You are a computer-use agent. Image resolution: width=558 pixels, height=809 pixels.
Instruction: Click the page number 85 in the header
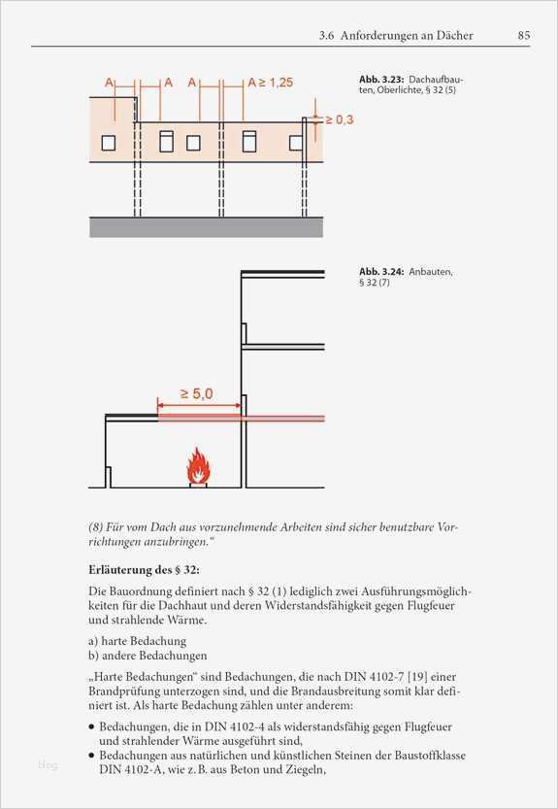pos(523,36)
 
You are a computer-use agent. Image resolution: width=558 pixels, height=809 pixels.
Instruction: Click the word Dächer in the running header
pos(452,36)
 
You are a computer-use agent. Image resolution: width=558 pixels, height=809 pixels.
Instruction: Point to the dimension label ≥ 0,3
pos(339,119)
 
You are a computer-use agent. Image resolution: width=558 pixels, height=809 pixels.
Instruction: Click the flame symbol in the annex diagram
pos(198,466)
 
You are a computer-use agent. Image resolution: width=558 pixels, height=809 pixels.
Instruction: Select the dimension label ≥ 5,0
pos(197,394)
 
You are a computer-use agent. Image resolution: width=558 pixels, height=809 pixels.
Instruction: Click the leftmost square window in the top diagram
pos(108,143)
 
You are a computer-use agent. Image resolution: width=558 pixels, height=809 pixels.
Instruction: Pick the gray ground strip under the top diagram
pos(206,226)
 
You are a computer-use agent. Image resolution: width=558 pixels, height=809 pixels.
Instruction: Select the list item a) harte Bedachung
pos(137,641)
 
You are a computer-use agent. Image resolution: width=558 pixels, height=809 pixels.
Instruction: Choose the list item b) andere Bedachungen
pos(148,656)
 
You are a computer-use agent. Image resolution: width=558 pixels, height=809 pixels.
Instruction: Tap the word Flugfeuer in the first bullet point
pos(426,726)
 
